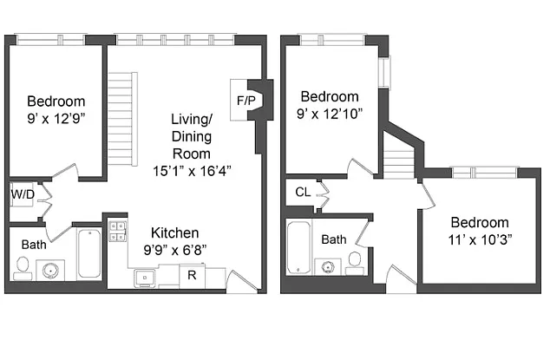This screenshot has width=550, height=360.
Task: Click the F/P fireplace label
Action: tap(246, 101)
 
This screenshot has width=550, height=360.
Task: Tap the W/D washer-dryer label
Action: tap(23, 194)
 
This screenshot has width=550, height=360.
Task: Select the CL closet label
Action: tap(303, 192)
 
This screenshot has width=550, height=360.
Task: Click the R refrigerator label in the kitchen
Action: tap(192, 275)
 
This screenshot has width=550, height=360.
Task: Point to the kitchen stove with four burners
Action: tap(117, 232)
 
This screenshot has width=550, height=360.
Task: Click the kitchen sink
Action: tap(145, 278)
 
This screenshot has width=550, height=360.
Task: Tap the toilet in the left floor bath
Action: tap(23, 268)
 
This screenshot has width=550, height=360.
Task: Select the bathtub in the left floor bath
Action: tap(89, 253)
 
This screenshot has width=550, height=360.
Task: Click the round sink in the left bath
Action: tap(50, 270)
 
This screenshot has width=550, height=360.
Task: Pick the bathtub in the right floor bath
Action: tap(298, 247)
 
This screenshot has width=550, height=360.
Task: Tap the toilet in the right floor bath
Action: tap(355, 263)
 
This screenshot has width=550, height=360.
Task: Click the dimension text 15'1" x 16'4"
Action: tap(192, 171)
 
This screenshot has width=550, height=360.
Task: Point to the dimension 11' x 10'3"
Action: tap(480, 239)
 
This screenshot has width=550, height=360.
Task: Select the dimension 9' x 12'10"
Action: tap(330, 114)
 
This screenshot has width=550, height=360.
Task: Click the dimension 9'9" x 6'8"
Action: tap(175, 250)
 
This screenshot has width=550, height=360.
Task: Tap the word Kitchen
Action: tap(175, 232)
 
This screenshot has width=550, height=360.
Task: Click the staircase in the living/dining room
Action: tap(122, 119)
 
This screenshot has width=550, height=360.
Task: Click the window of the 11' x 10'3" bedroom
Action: tap(484, 173)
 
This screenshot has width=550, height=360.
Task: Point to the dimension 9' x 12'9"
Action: tap(56, 119)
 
